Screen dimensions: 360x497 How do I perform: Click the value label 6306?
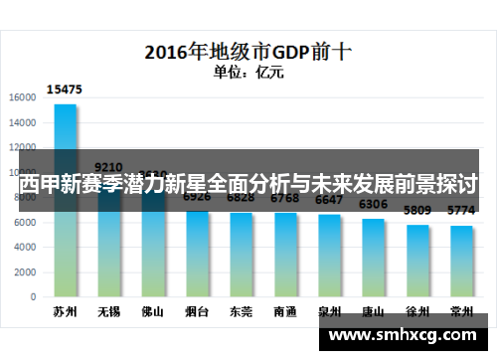pyautogui.click(x=373, y=205)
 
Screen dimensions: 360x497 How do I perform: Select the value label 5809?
pyautogui.click(x=416, y=211)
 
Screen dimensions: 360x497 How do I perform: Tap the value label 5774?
pyautogui.click(x=461, y=211)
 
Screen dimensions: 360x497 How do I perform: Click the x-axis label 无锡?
pyautogui.click(x=109, y=311)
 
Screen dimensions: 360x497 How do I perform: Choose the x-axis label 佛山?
pyautogui.click(x=153, y=311)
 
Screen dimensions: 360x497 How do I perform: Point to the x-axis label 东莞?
pyautogui.click(x=242, y=311)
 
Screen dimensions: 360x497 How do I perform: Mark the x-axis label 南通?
pyautogui.click(x=285, y=311)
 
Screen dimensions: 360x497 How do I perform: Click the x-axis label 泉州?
pyautogui.click(x=329, y=311)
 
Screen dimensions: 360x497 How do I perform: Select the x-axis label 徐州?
pyautogui.click(x=416, y=311)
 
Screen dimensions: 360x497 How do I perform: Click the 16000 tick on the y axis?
pyautogui.click(x=23, y=97)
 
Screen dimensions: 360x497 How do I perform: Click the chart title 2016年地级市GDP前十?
pyautogui.click(x=248, y=49)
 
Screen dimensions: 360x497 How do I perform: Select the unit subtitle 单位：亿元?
pyautogui.click(x=248, y=71)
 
